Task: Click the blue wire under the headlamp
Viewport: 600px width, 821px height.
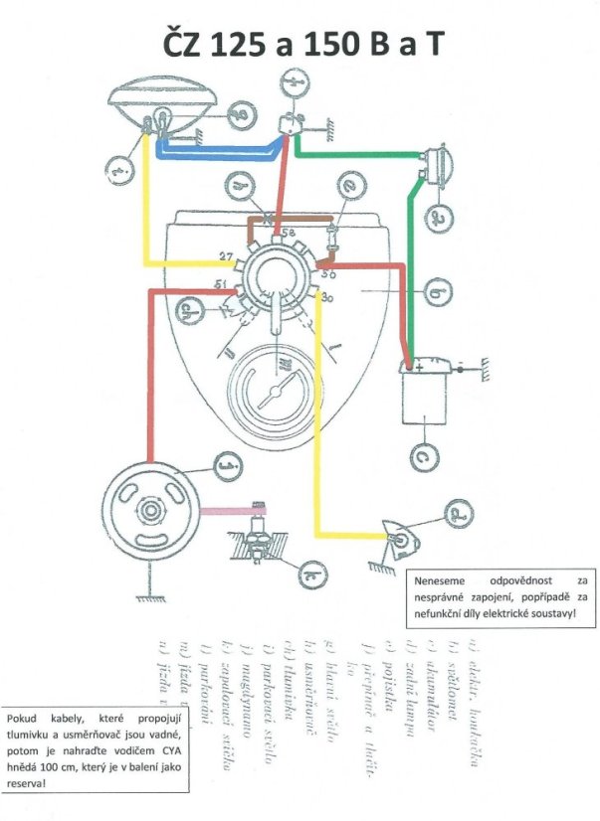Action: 219,149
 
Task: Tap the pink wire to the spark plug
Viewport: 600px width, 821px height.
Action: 226,509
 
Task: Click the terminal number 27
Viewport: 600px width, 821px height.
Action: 226,256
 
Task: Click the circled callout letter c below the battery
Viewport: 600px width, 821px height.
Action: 425,456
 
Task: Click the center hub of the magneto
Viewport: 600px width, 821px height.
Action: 152,510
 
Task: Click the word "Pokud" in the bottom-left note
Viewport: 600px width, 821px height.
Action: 25,717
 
